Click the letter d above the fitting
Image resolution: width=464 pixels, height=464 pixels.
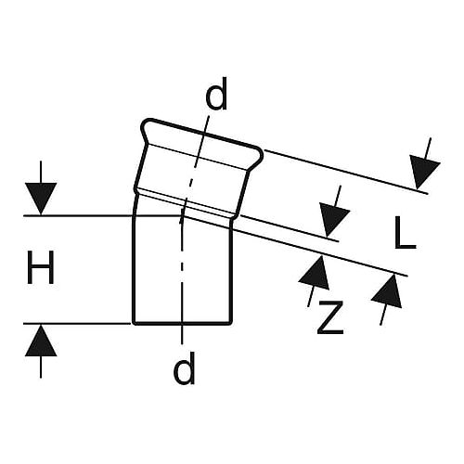pyautogui.click(x=216, y=94)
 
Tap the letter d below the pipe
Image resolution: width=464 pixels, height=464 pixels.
pyautogui.click(x=185, y=367)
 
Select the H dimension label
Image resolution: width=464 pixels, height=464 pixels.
pyautogui.click(x=41, y=267)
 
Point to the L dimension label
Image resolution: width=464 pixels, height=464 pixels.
pyautogui.click(x=406, y=232)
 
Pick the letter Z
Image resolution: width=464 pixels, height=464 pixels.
pyautogui.click(x=330, y=317)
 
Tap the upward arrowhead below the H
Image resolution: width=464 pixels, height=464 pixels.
pyautogui.click(x=41, y=341)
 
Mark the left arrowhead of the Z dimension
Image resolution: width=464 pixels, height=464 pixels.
pyautogui.click(x=315, y=273)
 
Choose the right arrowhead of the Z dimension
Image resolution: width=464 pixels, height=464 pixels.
pyautogui.click(x=388, y=291)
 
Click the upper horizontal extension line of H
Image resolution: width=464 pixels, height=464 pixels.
pyautogui.click(x=102, y=215)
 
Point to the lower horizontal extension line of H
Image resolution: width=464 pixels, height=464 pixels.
pyautogui.click(x=77, y=324)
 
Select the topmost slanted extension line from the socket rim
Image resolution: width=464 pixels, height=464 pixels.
pyautogui.click(x=346, y=172)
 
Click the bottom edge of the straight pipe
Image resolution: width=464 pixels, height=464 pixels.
pyautogui.click(x=183, y=324)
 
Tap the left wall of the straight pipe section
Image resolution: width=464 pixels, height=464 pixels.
pyautogui.click(x=134, y=269)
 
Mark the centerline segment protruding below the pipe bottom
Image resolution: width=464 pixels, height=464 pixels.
pyautogui.click(x=182, y=335)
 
